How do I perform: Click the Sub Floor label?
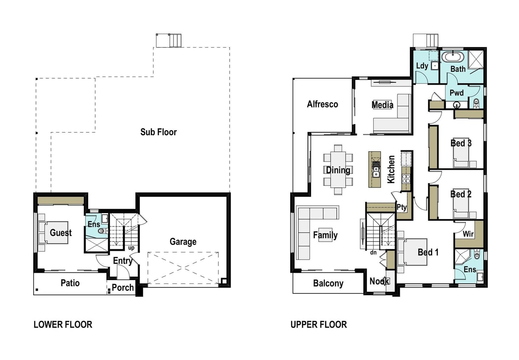tap(158, 132)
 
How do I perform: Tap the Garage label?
tap(183, 242)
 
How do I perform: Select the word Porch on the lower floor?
tap(123, 288)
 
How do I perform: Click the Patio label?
tap(70, 283)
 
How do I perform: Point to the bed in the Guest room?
tap(56, 233)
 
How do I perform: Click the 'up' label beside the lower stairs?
tap(131, 248)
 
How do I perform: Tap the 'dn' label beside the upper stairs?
tap(373, 252)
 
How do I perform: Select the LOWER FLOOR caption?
tap(63, 325)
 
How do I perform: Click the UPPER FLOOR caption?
tap(319, 325)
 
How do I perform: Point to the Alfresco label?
tap(323, 104)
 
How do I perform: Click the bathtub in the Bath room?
tap(453, 57)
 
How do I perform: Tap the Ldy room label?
tap(422, 66)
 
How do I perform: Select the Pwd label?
tap(457, 93)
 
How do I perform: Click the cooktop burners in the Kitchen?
tap(406, 179)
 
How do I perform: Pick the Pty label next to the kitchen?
tap(401, 207)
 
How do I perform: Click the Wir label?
tap(468, 234)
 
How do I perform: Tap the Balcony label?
tap(328, 284)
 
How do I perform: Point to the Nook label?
tap(379, 281)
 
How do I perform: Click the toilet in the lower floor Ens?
tap(102, 231)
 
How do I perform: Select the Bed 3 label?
tap(461, 143)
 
